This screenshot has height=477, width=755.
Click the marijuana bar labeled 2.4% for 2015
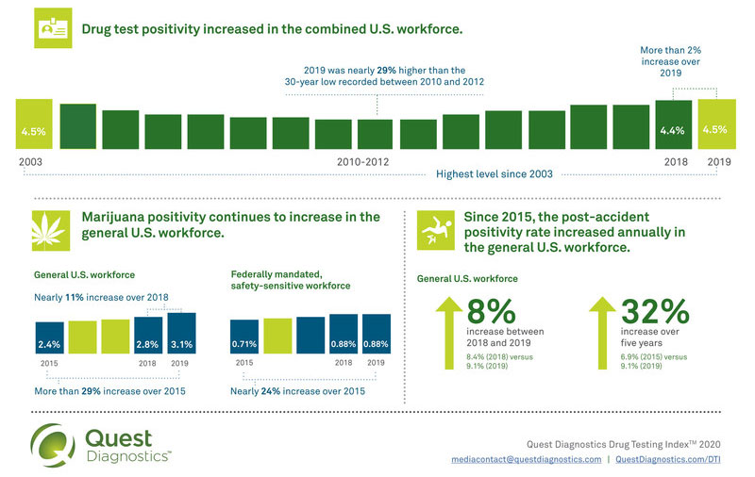(50, 335)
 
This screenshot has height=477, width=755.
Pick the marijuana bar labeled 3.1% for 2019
(182, 331)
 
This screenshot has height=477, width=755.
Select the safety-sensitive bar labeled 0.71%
(245, 334)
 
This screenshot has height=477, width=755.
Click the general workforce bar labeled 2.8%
(147, 334)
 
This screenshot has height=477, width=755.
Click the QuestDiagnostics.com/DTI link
(673, 459)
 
